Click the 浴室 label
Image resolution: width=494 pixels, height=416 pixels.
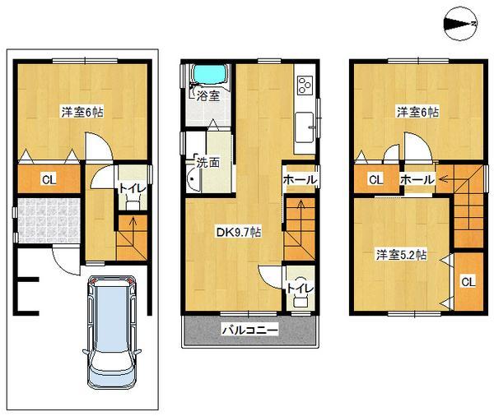coord(207,95)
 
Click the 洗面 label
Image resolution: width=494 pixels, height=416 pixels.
coord(207,162)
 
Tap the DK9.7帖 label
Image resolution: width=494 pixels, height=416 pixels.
coord(240,232)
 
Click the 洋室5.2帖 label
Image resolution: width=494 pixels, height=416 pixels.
coord(401,254)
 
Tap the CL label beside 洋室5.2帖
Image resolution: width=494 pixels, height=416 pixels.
coord(467,283)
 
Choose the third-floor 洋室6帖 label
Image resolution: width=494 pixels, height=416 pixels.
coord(415,113)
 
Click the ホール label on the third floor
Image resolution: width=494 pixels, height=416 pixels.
coord(417,180)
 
